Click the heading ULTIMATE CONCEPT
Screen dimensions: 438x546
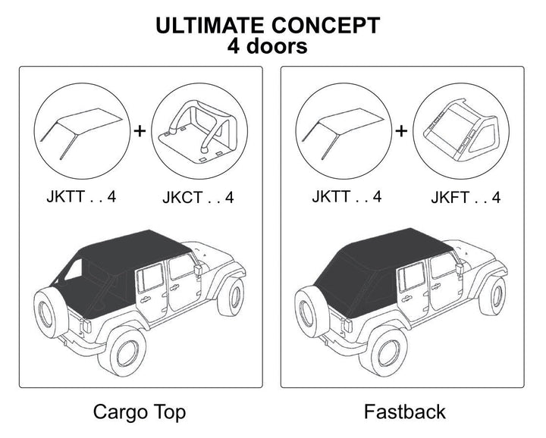click(x=267, y=25)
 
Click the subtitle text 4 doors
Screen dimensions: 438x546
click(x=267, y=46)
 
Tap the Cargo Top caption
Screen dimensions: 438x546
click(x=139, y=412)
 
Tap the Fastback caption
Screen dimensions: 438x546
click(x=404, y=412)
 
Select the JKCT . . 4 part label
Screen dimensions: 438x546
click(x=198, y=198)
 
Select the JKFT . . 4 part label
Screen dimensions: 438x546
click(x=466, y=198)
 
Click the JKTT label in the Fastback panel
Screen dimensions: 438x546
click(x=346, y=197)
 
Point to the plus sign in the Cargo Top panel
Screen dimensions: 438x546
click(x=140, y=130)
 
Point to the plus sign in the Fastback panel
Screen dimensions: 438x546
click(x=401, y=130)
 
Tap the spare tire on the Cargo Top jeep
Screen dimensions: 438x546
click(x=52, y=311)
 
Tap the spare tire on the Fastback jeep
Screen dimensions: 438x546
click(x=312, y=311)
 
